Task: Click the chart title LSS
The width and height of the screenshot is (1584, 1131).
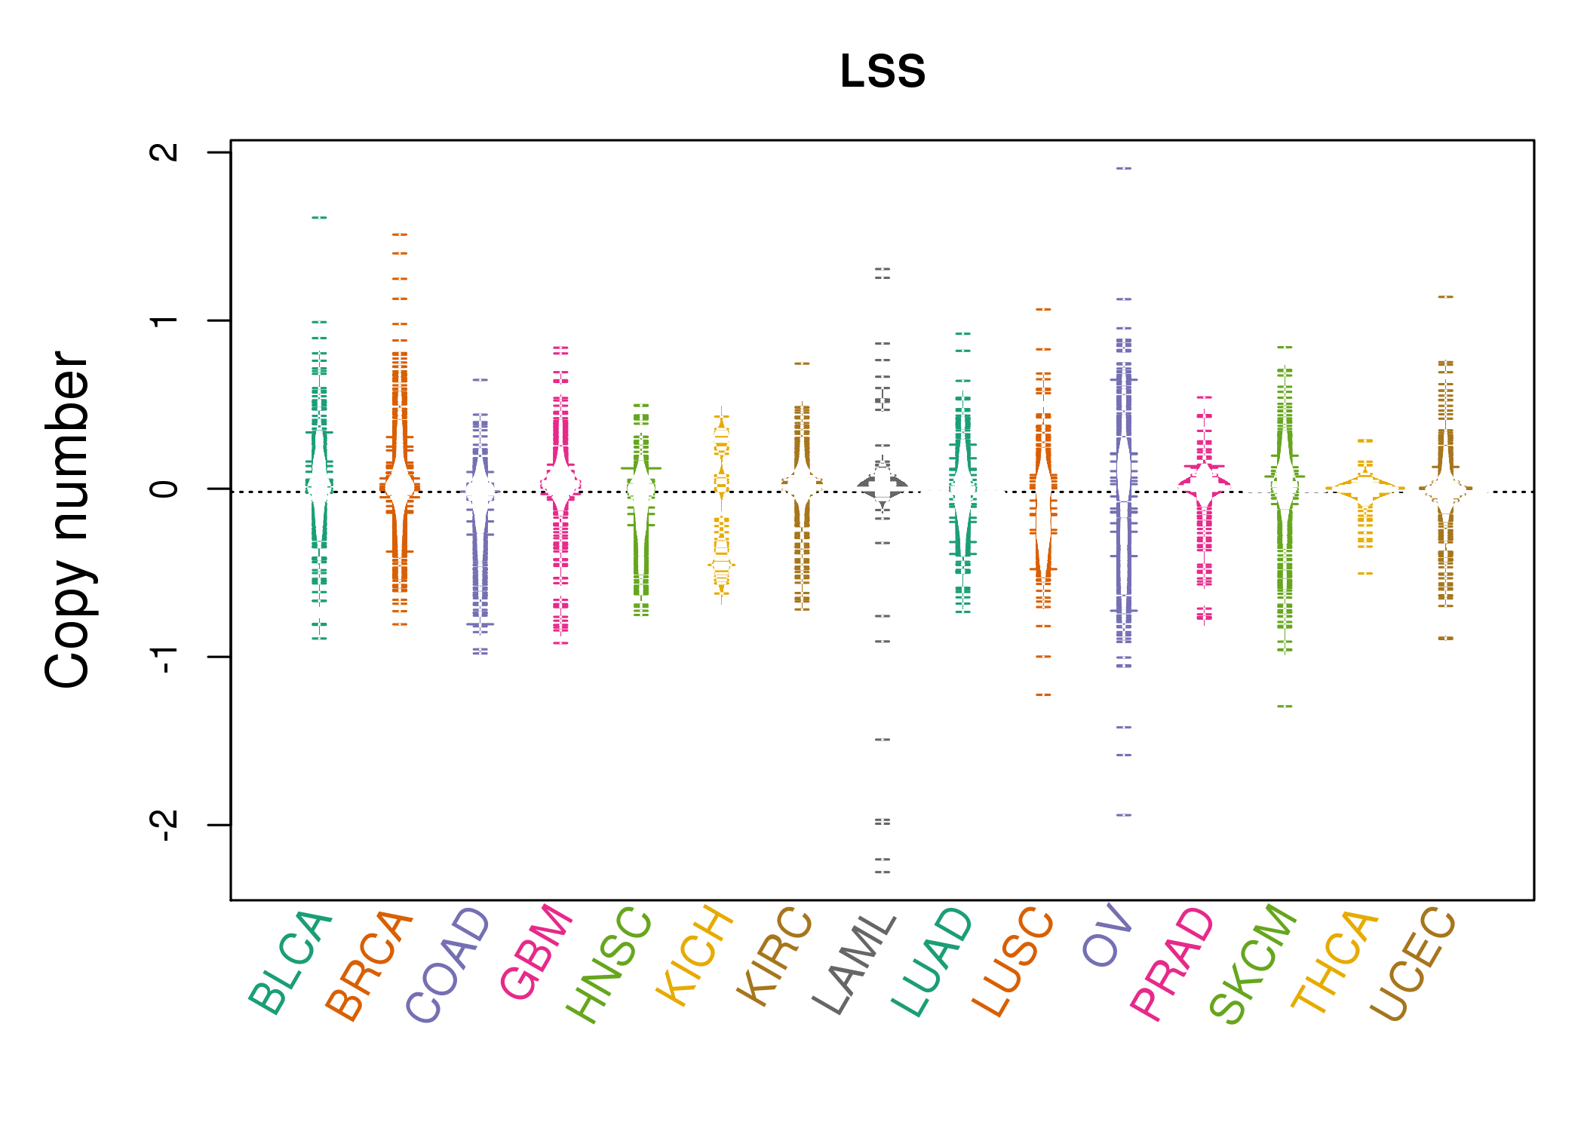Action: (883, 72)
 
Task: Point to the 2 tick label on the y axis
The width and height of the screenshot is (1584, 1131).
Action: (164, 152)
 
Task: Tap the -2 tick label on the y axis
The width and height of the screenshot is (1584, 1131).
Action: (164, 825)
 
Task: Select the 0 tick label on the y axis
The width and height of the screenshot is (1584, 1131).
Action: (164, 489)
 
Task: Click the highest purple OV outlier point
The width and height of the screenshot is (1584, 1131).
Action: (1124, 168)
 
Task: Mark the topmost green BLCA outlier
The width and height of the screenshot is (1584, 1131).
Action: (319, 218)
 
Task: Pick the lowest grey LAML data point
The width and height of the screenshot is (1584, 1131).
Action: (883, 872)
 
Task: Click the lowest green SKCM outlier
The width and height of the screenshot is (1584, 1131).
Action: (1285, 706)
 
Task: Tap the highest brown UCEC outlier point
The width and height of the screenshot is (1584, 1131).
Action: (1445, 297)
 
